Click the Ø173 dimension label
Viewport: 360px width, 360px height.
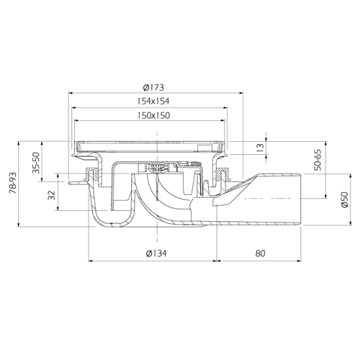[153, 87]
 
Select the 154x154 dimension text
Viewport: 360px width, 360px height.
[153, 101]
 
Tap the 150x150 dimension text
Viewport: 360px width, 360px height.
[154, 115]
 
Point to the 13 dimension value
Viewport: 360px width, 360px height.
[260, 148]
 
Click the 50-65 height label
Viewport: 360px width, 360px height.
[318, 160]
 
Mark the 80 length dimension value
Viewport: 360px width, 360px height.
[260, 253]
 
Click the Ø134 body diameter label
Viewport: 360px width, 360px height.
[156, 253]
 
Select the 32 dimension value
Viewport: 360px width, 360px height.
[52, 195]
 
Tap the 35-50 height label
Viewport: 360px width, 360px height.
[36, 163]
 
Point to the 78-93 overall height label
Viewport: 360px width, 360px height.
[13, 183]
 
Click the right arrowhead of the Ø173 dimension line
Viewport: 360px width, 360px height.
[241, 92]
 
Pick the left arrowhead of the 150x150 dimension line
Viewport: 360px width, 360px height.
[77, 120]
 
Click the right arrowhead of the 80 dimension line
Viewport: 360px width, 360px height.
[299, 261]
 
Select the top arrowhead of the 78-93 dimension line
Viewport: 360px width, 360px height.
[19, 144]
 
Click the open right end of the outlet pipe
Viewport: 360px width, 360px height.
[300, 199]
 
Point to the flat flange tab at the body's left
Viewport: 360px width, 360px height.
[77, 184]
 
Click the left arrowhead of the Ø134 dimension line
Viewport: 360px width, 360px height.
[91, 261]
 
